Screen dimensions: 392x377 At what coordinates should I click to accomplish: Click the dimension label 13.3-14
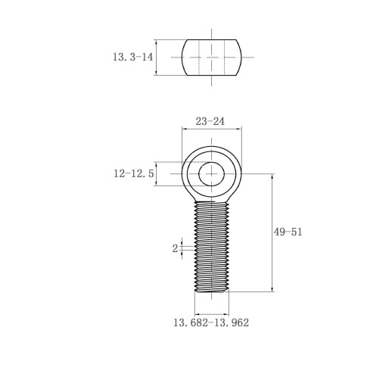pos(132,57)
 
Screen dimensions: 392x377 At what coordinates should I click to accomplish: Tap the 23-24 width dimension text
pos(210,121)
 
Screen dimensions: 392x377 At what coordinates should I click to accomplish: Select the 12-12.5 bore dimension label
pos(133,173)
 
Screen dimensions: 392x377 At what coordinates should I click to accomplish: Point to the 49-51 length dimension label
pos(288,232)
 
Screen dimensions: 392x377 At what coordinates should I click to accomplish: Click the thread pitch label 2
pos(175,248)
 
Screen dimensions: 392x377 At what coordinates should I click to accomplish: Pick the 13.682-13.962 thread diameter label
pos(211,322)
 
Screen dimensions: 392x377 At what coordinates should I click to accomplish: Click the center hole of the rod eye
pos(211,174)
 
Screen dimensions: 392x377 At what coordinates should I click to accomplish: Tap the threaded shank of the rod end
pos(212,247)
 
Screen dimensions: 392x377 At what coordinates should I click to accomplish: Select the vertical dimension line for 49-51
pos(272,232)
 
